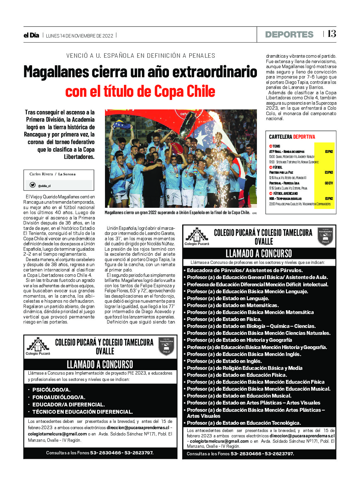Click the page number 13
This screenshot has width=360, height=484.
(x=332, y=34)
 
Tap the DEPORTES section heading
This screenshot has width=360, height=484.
(x=289, y=34)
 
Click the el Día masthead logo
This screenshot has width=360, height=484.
(x=31, y=35)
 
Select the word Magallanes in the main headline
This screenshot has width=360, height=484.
(x=55, y=72)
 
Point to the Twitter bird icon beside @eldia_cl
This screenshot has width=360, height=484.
(x=32, y=185)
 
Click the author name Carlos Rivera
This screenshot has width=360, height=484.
(x=41, y=174)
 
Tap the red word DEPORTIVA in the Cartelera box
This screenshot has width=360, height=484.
(x=304, y=137)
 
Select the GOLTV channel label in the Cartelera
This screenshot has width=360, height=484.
(x=329, y=183)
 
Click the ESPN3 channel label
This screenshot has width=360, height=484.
(x=329, y=172)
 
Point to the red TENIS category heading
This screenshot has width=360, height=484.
(x=276, y=146)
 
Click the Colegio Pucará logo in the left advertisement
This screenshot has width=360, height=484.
(x=38, y=346)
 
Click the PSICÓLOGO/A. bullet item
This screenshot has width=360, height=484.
(x=51, y=390)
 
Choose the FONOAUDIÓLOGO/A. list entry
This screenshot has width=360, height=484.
(x=59, y=397)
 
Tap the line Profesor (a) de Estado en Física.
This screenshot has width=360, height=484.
(x=224, y=319)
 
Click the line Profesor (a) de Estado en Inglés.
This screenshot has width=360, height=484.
(x=224, y=361)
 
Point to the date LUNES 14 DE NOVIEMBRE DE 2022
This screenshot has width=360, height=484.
(x=79, y=36)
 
